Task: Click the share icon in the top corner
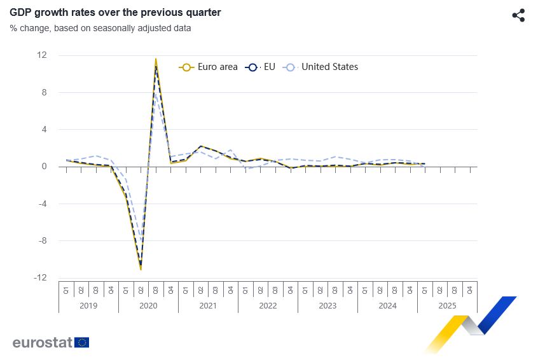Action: click(518, 15)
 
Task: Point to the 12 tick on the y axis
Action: click(42, 55)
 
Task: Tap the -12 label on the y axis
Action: click(41, 278)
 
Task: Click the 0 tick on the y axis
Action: click(44, 167)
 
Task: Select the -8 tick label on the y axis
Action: click(42, 241)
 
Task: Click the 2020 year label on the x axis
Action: click(148, 305)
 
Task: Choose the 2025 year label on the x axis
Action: click(447, 305)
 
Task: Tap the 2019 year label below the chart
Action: click(88, 305)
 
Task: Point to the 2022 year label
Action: click(268, 305)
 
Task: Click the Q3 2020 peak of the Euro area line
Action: click(156, 59)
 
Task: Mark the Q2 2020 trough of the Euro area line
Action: click(141, 269)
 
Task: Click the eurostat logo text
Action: click(42, 342)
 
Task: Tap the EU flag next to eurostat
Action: click(82, 342)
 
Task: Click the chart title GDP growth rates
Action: click(115, 12)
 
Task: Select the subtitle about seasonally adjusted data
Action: click(100, 28)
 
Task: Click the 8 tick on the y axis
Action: click(44, 92)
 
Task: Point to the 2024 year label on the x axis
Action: click(387, 305)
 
